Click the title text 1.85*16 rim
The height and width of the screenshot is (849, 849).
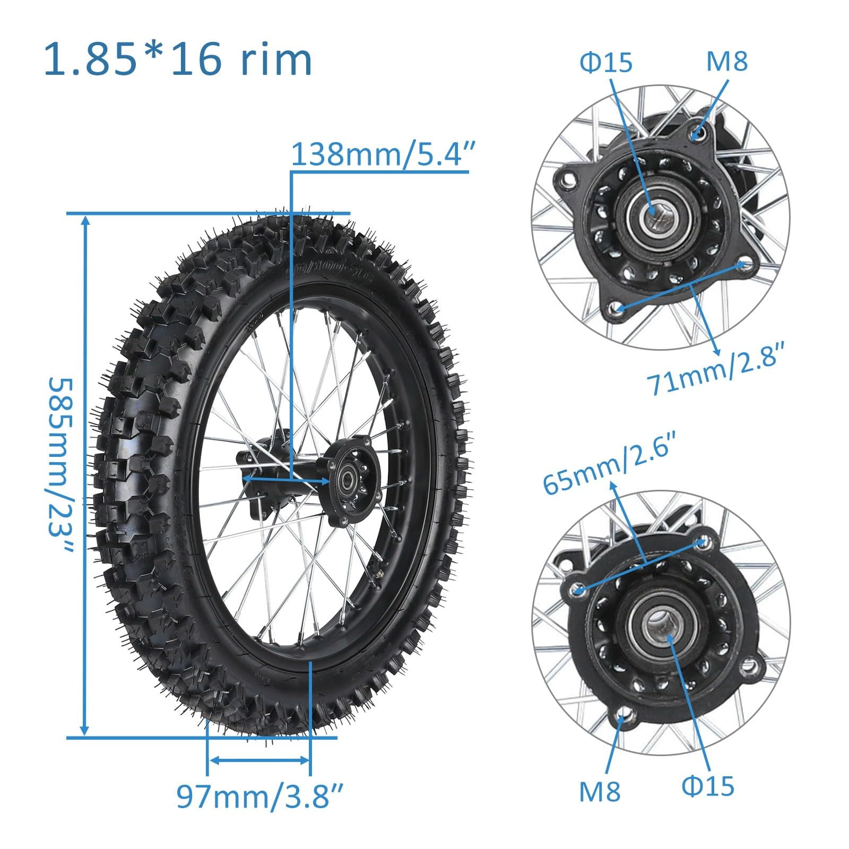coord(178,59)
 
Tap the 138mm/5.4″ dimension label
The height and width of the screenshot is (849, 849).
coord(380,155)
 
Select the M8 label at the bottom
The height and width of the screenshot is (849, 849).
coord(599,791)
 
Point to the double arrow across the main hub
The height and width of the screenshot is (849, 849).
coord(286,479)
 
